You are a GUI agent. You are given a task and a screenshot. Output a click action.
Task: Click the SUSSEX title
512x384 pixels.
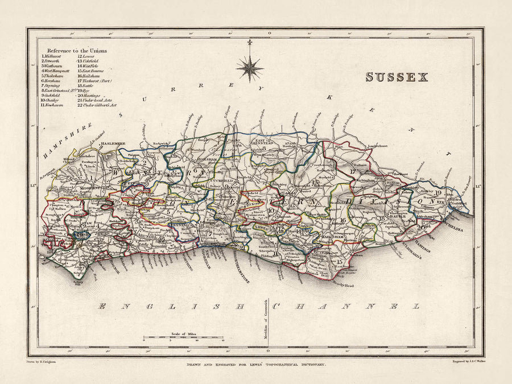point(397,77)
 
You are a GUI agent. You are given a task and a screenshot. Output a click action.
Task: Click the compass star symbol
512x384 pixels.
point(250,68)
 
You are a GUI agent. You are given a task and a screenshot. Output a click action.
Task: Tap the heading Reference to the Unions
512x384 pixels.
point(77,51)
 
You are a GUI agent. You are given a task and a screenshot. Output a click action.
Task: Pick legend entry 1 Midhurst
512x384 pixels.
point(53,57)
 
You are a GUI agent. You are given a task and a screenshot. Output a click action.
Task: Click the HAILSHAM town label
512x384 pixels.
point(329,236)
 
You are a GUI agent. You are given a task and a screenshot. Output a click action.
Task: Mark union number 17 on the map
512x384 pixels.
point(353,171)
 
